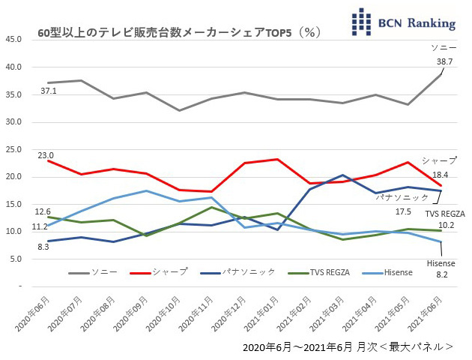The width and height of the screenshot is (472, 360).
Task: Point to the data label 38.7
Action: [444, 60]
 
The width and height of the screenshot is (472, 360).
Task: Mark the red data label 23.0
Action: [46, 155]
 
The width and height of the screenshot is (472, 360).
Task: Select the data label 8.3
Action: [43, 246]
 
